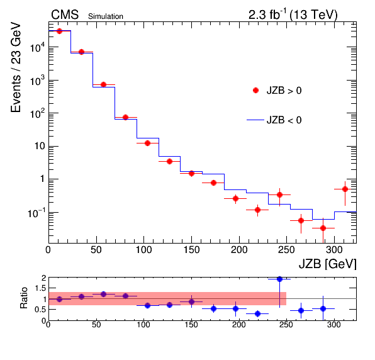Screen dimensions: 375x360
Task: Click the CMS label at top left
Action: point(65,15)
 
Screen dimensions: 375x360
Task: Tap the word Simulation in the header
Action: point(106,16)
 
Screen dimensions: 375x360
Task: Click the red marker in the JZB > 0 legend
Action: point(255,91)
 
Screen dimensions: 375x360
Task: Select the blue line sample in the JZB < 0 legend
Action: point(255,120)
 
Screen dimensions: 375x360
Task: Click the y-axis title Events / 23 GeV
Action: point(16,67)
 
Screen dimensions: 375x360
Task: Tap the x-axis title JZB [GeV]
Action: point(327,264)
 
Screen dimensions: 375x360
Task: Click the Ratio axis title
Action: point(24,298)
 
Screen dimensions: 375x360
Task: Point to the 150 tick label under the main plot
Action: point(191,250)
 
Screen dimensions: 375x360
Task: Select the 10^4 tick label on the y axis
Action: point(38,47)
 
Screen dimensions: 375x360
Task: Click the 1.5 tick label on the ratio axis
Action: point(40,288)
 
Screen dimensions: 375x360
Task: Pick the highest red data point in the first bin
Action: point(59,31)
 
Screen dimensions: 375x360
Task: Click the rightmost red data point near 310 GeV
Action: point(345,189)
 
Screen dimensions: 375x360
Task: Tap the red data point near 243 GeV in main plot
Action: point(279,194)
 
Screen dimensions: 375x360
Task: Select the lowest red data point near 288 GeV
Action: point(323,228)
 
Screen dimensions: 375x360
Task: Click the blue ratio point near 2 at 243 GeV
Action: point(279,279)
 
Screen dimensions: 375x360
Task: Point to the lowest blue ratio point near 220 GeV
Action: point(257,313)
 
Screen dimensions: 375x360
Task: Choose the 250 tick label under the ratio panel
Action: point(286,325)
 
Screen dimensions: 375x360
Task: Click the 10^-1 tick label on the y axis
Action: point(36,213)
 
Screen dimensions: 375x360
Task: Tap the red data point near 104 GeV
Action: point(147,143)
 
